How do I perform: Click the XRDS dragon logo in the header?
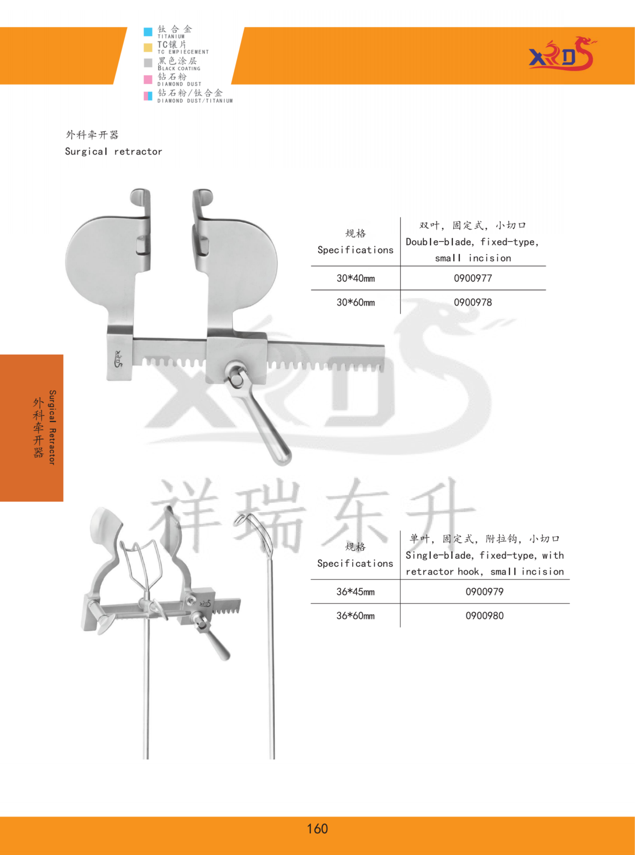561,54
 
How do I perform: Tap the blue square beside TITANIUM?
148,32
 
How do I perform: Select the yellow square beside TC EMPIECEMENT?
148,47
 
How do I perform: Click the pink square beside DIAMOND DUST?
148,80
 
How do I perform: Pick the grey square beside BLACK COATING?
148,63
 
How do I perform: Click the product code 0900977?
473,278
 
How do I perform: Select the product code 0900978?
473,302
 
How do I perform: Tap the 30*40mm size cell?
356,278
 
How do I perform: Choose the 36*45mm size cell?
356,592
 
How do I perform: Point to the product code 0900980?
485,616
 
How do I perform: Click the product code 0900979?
485,592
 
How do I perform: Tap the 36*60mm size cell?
356,616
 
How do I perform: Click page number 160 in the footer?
317,829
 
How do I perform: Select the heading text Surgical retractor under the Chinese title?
113,152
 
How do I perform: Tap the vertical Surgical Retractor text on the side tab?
52,427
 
